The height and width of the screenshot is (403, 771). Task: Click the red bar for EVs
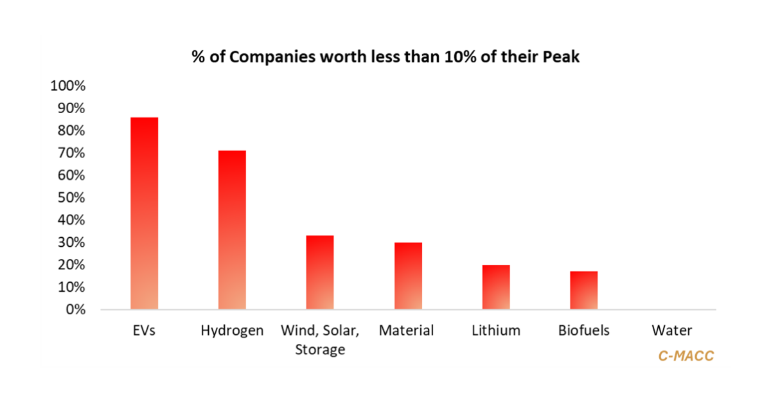pos(144,213)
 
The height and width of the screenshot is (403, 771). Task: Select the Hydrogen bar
pos(232,230)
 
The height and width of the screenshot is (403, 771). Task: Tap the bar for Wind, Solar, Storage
pos(319,273)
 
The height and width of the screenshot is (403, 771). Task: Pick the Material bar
pos(407,276)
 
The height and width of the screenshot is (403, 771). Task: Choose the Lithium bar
pos(495,287)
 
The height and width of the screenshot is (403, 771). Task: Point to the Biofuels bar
pos(583,291)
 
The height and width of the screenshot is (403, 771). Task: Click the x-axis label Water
pos(671,331)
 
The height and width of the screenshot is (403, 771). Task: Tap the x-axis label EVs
pos(144,331)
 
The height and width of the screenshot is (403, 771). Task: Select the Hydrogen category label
pos(232,331)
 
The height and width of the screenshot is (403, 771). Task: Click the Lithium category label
pos(495,331)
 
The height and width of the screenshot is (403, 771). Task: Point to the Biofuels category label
pos(583,331)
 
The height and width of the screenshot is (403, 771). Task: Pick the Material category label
pos(407,331)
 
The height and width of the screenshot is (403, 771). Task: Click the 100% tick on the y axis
pos(68,86)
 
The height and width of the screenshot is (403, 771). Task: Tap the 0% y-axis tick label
pos(75,310)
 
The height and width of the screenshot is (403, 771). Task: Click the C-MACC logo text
pos(686,355)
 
